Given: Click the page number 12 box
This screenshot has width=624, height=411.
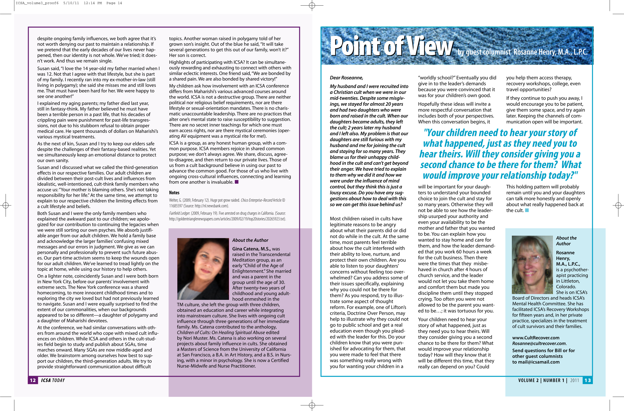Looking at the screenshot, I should pyautogui.click(x=33, y=380).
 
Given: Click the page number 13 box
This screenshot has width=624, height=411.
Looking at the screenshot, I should pyautogui.click(x=588, y=380).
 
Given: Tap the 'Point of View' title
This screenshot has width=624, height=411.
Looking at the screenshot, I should pyautogui.click(x=391, y=46).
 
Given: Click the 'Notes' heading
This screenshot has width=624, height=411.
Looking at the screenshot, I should pyautogui.click(x=174, y=193).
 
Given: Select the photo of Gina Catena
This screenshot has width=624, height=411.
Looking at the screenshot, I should pyautogui.click(x=203, y=269).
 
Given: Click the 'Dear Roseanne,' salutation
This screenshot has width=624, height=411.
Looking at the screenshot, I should pyautogui.click(x=346, y=78).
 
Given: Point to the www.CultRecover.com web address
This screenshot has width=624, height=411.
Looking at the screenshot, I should pyautogui.click(x=536, y=338).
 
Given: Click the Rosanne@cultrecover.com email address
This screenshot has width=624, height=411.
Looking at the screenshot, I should pyautogui.click(x=539, y=344).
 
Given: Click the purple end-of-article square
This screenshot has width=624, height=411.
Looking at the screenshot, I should pyautogui.click(x=236, y=182).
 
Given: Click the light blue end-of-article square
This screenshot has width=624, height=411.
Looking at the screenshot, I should pyautogui.click(x=527, y=210).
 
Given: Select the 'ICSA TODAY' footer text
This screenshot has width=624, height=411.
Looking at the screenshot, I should pyautogui.click(x=53, y=380).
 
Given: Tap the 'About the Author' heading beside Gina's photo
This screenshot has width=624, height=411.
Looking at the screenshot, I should pyautogui.click(x=250, y=240).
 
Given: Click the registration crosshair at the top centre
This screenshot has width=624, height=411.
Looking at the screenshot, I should pyautogui.click(x=312, y=5).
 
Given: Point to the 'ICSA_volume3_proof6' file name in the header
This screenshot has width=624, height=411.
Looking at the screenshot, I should pyautogui.click(x=37, y=3).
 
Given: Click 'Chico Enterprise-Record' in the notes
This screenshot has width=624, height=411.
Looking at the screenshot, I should pyautogui.click(x=256, y=200).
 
